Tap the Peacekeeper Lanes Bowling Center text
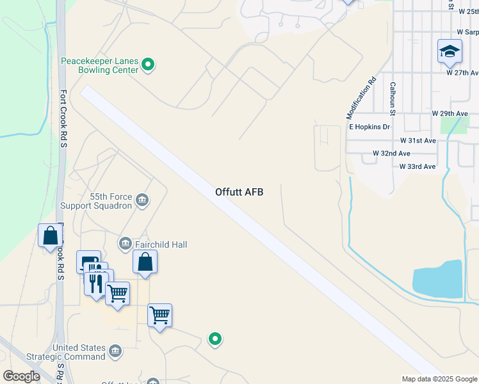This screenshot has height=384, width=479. pyautogui.click(x=99, y=65)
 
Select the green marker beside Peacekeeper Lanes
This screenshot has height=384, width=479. pyautogui.click(x=149, y=64)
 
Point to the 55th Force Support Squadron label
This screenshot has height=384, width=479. pyautogui.click(x=97, y=202)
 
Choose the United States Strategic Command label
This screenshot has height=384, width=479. pyautogui.click(x=79, y=352)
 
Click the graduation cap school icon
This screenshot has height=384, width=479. pyautogui.click(x=450, y=51)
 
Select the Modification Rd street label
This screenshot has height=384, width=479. pyautogui.click(x=361, y=99)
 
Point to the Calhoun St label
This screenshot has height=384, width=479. pyautogui.click(x=393, y=95)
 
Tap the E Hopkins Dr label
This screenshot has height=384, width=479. pyautogui.click(x=369, y=127)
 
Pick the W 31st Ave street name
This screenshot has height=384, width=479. pyautogui.click(x=418, y=140)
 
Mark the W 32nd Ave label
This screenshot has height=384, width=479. pyautogui.click(x=391, y=154)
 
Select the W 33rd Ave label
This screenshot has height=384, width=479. pyautogui.click(x=417, y=166)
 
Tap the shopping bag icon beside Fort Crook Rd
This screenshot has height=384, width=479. pyautogui.click(x=50, y=236)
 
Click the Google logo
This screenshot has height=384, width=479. pyautogui.click(x=21, y=376)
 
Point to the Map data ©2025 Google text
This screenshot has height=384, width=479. pyautogui.click(x=439, y=379)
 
